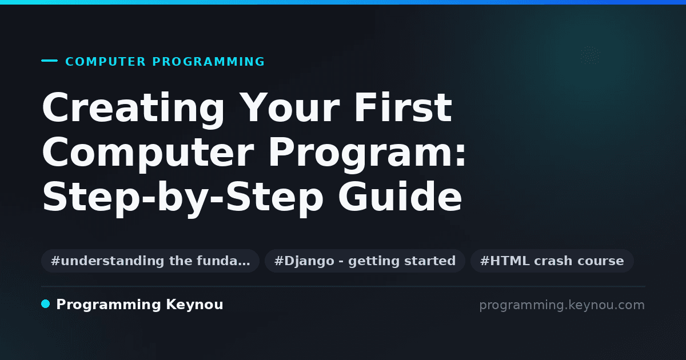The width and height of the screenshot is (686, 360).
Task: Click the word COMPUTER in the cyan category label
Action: point(105,62)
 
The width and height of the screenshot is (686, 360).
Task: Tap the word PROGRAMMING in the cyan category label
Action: point(209,62)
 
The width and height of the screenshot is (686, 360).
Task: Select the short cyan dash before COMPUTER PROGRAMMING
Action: point(49,61)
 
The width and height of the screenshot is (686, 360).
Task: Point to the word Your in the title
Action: point(290,108)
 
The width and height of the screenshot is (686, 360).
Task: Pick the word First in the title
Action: point(403,107)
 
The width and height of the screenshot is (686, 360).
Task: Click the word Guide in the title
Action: point(400,196)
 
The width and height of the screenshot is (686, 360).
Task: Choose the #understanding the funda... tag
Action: point(150,261)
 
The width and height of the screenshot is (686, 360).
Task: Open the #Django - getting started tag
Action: point(365,261)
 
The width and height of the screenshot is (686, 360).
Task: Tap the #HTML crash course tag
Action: point(552,261)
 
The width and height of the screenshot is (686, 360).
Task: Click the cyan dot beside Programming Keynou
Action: point(46,304)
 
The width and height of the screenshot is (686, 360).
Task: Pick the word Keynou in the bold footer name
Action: point(194,305)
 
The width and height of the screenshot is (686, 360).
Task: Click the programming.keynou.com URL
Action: point(562,305)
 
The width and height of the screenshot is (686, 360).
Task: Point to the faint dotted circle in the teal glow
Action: point(590,55)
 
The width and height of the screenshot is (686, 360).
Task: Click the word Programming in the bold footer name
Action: point(109,305)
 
